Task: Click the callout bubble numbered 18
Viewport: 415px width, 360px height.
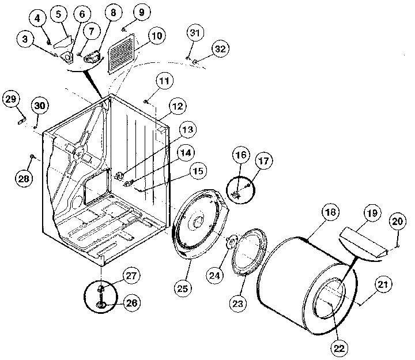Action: pyautogui.click(x=330, y=213)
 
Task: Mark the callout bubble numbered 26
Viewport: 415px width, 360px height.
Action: pyautogui.click(x=131, y=302)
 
